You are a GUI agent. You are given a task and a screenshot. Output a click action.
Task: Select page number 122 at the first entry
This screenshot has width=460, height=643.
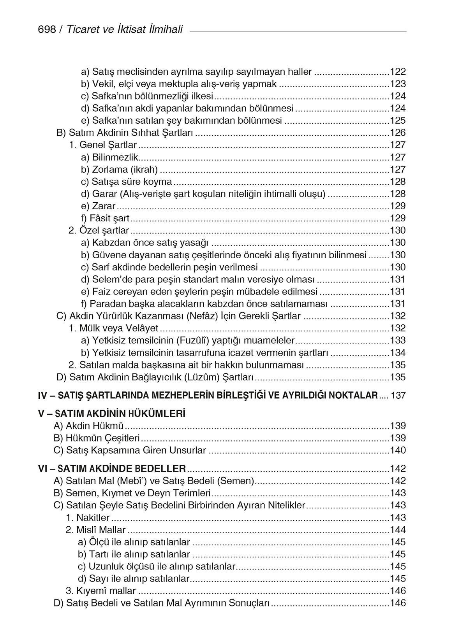tap(398, 72)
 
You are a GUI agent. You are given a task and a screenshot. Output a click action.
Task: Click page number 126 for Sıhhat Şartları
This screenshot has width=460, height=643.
tap(398, 133)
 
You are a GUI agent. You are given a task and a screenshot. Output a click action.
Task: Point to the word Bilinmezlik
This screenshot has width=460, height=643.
tap(116, 157)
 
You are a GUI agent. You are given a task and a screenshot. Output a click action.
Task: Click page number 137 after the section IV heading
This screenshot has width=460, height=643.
tap(398, 396)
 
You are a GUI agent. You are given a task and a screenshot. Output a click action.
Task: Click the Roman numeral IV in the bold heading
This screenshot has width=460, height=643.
tap(42, 396)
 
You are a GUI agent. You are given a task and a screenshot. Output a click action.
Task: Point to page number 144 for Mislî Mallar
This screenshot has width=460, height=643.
tap(398, 530)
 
